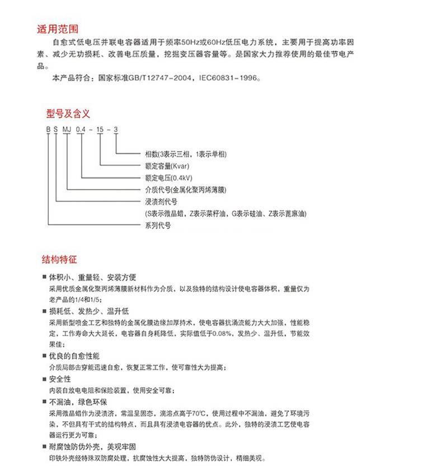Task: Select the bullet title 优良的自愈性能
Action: [74, 356]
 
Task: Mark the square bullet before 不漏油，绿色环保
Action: [45, 402]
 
